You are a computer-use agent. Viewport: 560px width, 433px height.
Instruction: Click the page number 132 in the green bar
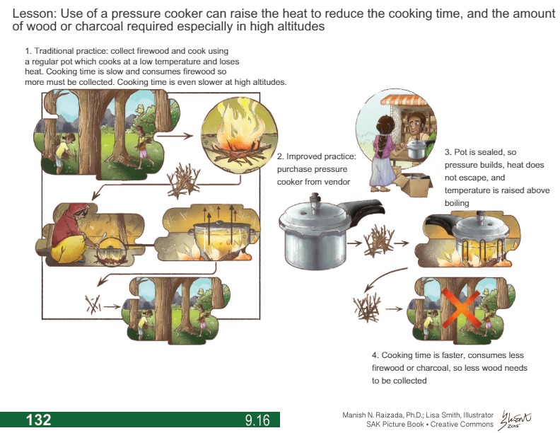[38, 420]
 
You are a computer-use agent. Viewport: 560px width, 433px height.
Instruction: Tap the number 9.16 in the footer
[257, 420]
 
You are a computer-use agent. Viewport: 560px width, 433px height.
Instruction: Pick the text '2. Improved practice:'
[316, 156]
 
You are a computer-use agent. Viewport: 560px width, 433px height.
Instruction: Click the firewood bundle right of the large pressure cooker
[378, 240]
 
